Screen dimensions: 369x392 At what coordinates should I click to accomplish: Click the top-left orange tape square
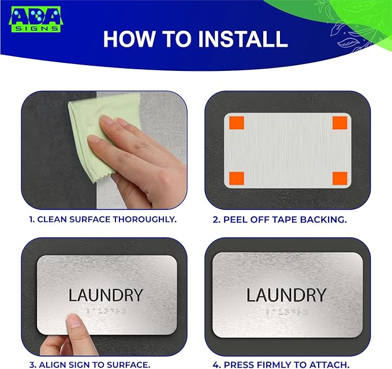(236, 124)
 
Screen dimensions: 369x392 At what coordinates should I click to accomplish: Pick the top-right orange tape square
(340, 124)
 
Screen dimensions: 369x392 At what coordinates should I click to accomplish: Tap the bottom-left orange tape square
(236, 179)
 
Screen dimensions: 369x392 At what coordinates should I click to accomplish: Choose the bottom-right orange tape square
(340, 179)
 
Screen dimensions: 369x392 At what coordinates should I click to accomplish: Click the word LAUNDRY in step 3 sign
(106, 295)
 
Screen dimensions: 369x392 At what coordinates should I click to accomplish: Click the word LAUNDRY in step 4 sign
(286, 295)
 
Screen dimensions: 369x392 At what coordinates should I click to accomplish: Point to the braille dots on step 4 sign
(286, 313)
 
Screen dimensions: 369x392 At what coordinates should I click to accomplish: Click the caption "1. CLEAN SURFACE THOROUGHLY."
(103, 220)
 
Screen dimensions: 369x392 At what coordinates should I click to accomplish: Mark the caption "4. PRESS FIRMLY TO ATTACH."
(286, 364)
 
